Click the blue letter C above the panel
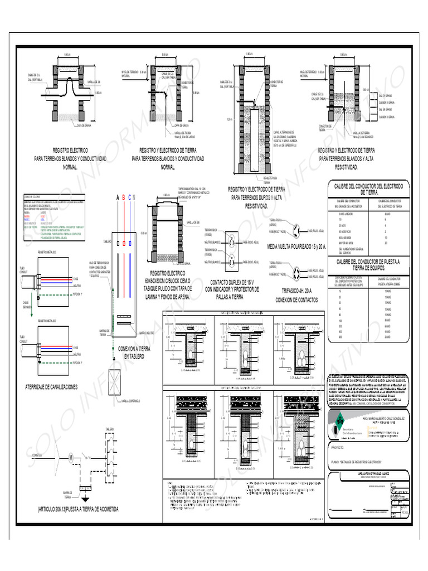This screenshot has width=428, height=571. [x=129, y=197]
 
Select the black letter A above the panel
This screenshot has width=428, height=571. [x=118, y=197]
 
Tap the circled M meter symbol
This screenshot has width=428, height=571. [x=71, y=458]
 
